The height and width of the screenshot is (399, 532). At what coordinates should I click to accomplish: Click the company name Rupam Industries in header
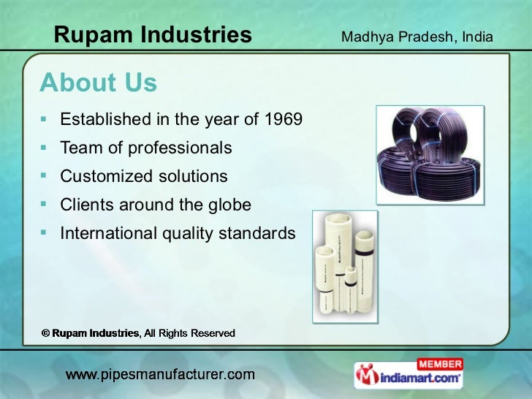coord(153,34)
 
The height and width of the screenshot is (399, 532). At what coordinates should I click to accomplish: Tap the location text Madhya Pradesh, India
coord(417,37)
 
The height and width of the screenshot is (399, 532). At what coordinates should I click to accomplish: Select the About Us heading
coord(98,83)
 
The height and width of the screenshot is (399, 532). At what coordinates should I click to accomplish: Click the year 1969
coord(284,119)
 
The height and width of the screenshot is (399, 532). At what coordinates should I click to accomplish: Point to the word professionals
coord(180,148)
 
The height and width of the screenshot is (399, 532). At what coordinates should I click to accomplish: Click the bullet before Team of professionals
coord(45,148)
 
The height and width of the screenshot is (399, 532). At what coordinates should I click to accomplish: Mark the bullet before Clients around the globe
coord(45,205)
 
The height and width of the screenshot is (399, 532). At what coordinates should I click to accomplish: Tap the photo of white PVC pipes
coord(346,267)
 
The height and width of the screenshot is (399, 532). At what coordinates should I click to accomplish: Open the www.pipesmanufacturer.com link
coord(160,376)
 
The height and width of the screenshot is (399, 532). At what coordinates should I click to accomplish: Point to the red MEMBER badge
coord(439,364)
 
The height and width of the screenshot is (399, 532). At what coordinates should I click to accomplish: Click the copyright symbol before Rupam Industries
coord(45,333)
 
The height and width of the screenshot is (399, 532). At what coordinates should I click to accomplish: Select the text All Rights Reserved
coord(189,333)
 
